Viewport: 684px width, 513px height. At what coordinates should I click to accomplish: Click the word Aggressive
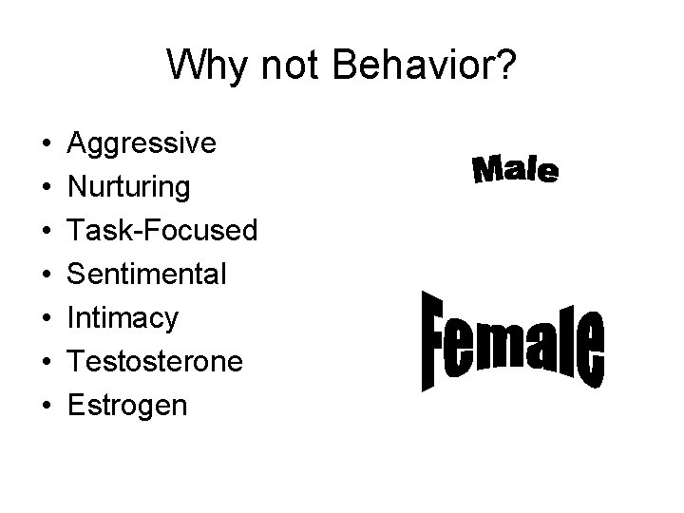click(142, 143)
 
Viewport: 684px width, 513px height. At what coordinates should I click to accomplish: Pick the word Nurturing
click(128, 187)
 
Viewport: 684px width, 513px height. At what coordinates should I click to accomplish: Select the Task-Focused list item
click(162, 231)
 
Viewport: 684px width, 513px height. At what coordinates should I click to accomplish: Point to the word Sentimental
click(147, 275)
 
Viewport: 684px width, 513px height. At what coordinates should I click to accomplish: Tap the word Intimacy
click(123, 318)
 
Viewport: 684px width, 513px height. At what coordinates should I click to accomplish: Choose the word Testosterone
click(156, 362)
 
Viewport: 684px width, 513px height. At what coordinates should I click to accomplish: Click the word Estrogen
click(127, 406)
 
